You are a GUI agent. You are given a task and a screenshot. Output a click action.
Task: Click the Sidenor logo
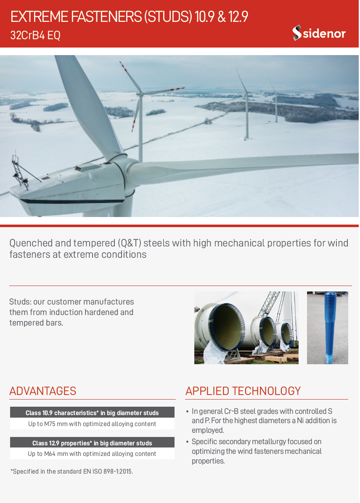(x=319, y=33)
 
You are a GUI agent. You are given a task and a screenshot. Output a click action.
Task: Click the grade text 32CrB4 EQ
(x=35, y=35)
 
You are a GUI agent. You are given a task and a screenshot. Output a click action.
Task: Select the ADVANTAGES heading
(x=42, y=391)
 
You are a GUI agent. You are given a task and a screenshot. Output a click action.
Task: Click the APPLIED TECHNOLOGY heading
(x=243, y=391)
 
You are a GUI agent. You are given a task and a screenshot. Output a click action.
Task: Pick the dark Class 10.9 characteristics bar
(x=92, y=413)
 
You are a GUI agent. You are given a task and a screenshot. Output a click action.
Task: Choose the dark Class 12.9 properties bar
(x=92, y=443)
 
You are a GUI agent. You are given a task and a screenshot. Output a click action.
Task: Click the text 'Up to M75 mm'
(x=48, y=424)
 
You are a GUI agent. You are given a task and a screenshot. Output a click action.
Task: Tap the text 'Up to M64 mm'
(x=48, y=454)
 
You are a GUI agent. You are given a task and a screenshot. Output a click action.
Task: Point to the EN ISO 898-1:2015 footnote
(x=71, y=471)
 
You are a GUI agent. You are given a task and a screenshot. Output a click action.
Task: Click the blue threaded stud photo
(x=327, y=328)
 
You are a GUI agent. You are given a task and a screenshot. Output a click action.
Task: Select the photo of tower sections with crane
(x=246, y=328)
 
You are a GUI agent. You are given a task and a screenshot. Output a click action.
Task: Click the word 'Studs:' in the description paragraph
(x=20, y=302)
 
